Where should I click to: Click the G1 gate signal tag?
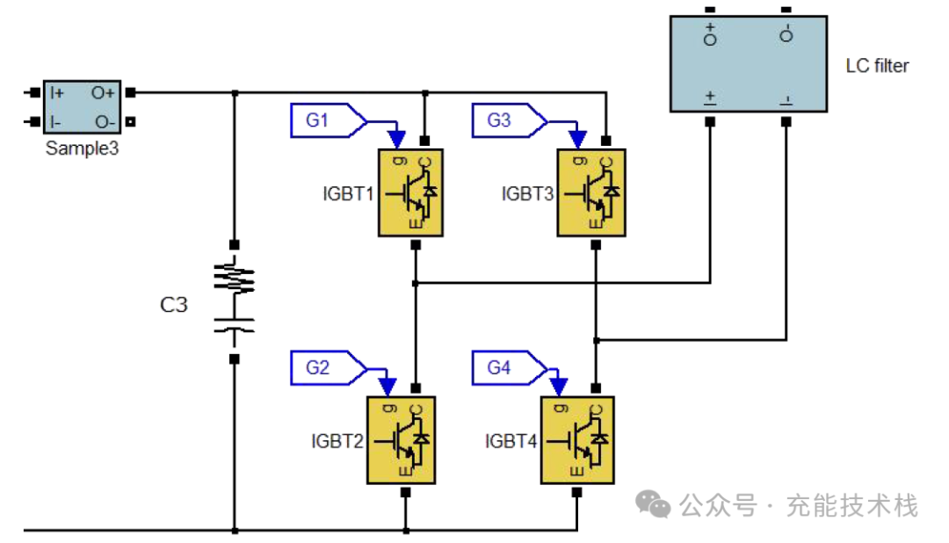[329, 120]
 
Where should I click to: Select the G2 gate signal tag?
[329, 367]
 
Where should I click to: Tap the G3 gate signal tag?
[510, 120]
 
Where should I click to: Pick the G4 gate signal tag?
[510, 367]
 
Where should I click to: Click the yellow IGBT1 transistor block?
[410, 192]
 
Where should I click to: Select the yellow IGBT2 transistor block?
[401, 440]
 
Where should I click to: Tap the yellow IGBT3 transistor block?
[590, 192]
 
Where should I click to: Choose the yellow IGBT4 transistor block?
[577, 440]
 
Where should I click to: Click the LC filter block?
[748, 64]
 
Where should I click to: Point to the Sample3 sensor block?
[83, 107]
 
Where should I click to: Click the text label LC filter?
[877, 65]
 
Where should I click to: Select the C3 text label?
[174, 305]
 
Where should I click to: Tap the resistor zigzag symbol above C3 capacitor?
[235, 277]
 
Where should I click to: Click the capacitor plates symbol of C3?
[235, 325]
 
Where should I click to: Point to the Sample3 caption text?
[83, 148]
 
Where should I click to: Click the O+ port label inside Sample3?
[102, 92]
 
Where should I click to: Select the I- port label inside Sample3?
[55, 122]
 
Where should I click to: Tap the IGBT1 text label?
[348, 193]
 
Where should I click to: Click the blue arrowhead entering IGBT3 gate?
[578, 139]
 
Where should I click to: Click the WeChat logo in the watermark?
[652, 504]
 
